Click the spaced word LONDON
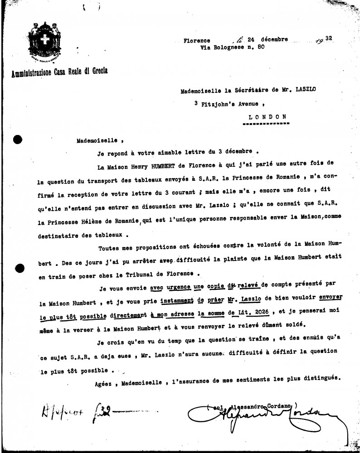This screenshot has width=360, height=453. pyautogui.click(x=268, y=116)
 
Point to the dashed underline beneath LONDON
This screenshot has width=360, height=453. pyautogui.click(x=268, y=123)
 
